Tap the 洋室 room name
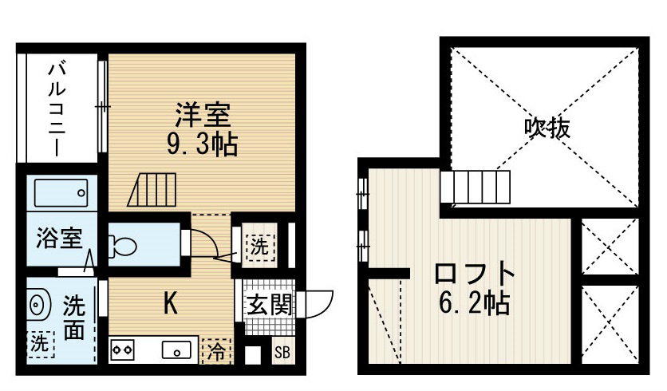203,115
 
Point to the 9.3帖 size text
202,144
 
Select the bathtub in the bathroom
61,193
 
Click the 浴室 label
59,239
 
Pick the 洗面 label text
74,318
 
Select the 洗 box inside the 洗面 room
41,344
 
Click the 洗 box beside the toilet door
259,247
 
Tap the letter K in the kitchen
170,303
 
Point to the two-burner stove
123,350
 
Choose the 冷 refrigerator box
216,351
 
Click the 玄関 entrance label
270,305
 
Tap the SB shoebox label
282,352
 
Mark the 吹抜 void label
547,127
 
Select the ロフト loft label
474,274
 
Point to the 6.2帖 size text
474,303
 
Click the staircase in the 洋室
152,190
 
